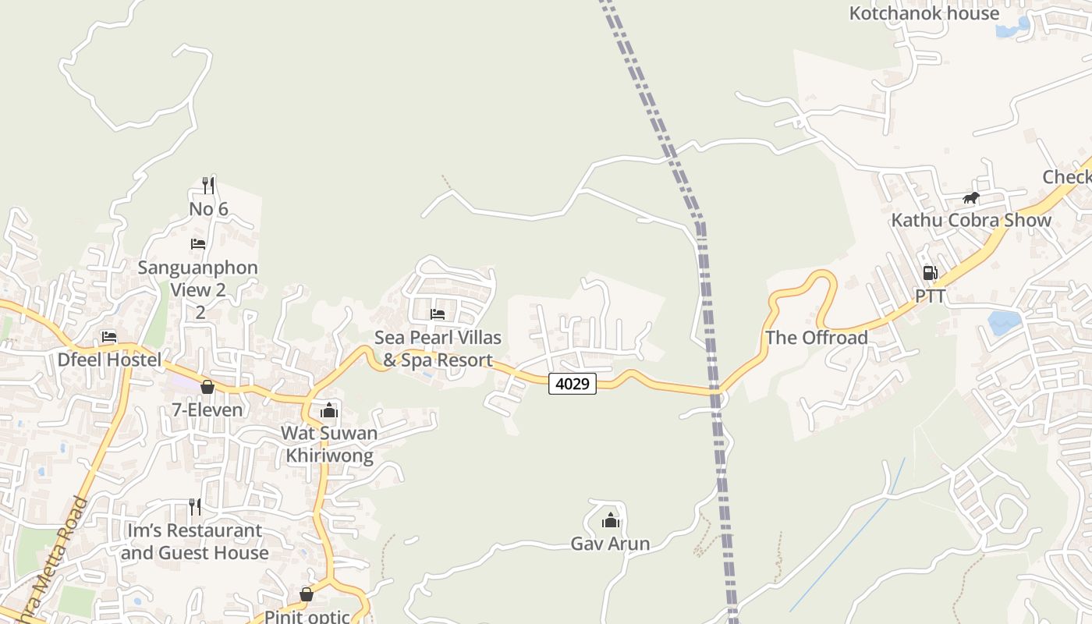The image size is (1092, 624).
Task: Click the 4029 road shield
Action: (x=573, y=384)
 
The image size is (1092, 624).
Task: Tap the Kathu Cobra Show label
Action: (x=971, y=220)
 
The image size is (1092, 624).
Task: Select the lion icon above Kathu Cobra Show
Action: (x=970, y=198)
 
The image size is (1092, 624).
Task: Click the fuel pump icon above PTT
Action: (x=930, y=273)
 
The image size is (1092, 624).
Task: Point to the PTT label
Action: (x=930, y=296)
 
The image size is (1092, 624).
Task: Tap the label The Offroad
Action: (x=817, y=338)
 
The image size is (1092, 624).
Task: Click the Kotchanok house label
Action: (x=924, y=13)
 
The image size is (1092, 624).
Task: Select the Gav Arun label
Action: (x=610, y=544)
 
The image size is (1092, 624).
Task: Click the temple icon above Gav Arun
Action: (x=610, y=520)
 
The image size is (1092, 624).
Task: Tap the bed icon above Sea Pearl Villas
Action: (x=438, y=314)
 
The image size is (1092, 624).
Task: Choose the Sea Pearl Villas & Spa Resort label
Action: (x=438, y=349)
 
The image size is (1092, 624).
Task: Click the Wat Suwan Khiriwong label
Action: (x=329, y=444)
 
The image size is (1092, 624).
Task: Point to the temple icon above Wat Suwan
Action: (x=329, y=410)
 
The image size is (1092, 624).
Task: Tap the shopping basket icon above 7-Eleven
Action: (x=207, y=387)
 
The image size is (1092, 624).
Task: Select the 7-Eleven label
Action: (x=207, y=409)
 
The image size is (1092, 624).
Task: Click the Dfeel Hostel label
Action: (x=109, y=360)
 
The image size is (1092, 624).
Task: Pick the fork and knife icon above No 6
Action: (x=208, y=185)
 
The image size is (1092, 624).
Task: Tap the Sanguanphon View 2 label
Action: (x=198, y=278)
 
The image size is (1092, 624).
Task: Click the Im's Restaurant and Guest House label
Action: (x=195, y=541)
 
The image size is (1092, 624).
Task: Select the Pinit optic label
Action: (x=307, y=616)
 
